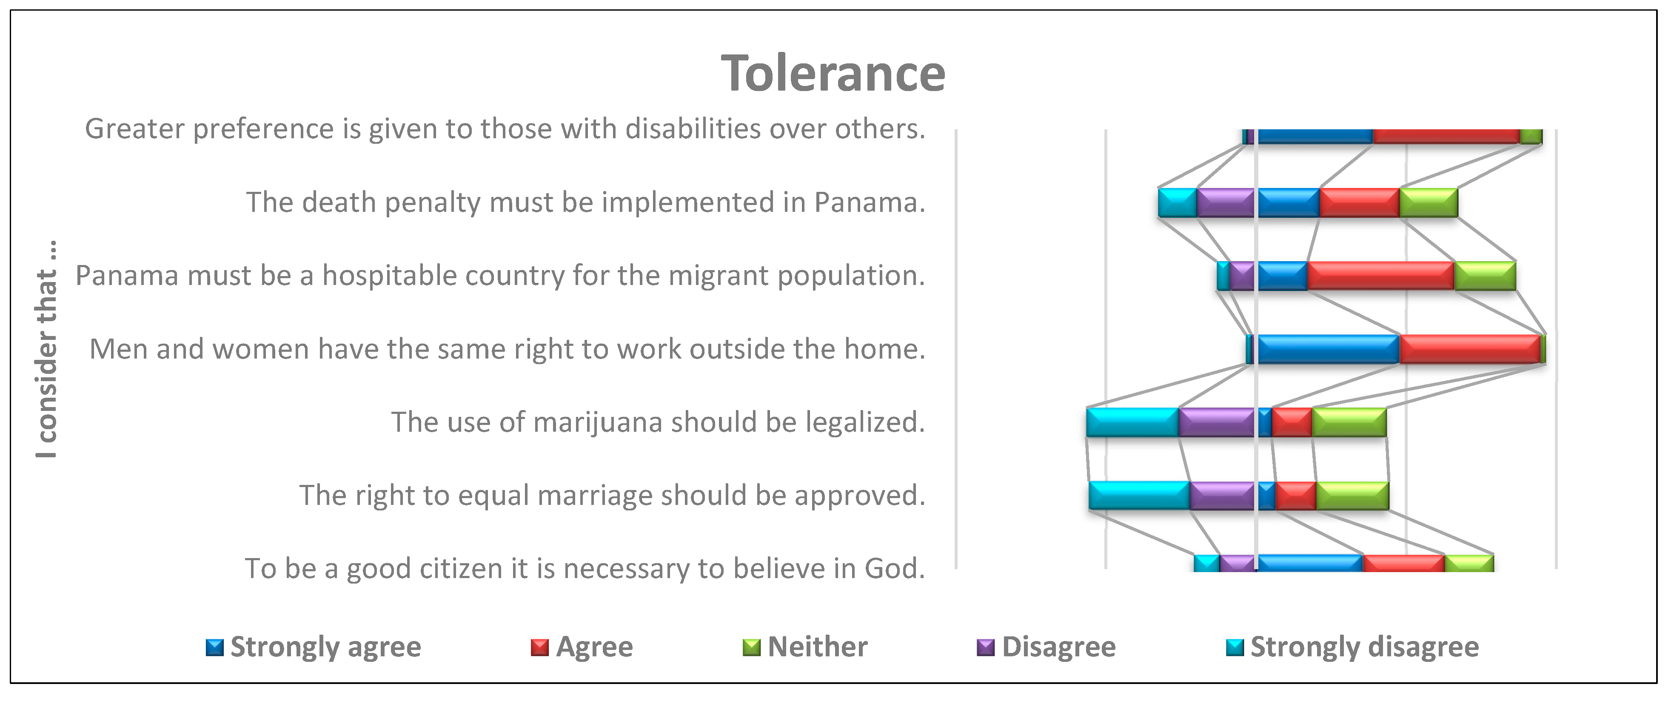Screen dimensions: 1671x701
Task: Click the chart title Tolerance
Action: pyautogui.click(x=833, y=73)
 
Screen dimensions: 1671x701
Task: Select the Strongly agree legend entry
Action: pyautogui.click(x=313, y=647)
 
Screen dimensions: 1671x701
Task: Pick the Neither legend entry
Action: pyautogui.click(x=805, y=647)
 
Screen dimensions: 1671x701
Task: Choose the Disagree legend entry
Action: pyautogui.click(x=1046, y=647)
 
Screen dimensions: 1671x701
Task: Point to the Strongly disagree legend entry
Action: pyautogui.click(x=1352, y=647)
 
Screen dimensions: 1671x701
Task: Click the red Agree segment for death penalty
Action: pyautogui.click(x=1360, y=202)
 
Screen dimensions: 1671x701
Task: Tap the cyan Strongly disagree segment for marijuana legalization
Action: pyautogui.click(x=1132, y=422)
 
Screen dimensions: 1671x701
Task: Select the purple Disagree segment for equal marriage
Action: pyautogui.click(x=1223, y=496)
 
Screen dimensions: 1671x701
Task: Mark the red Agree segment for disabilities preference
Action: pyautogui.click(x=1446, y=136)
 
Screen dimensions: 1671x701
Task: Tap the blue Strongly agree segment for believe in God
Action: pyautogui.click(x=1310, y=563)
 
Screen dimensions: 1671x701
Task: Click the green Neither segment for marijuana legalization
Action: pyautogui.click(x=1349, y=422)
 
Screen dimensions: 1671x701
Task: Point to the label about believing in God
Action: pyautogui.click(x=585, y=569)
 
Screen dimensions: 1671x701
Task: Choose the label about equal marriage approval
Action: pyautogui.click(x=612, y=496)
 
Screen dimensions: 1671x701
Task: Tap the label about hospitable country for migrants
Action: pyautogui.click(x=501, y=276)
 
